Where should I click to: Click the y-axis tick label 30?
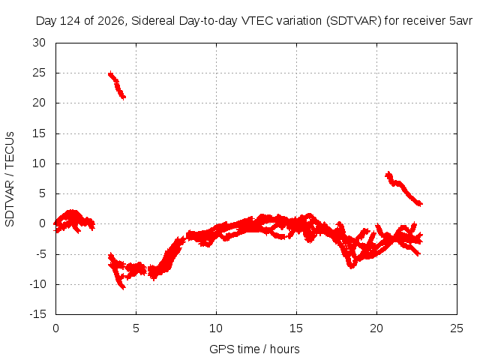click(x=39, y=43)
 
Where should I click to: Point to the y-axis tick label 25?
click(x=39, y=73)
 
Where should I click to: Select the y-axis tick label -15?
click(x=38, y=314)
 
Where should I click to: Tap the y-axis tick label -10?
click(x=38, y=284)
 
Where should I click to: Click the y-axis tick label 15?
click(x=39, y=133)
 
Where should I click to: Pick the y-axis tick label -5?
click(x=40, y=253)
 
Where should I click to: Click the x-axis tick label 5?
click(x=136, y=328)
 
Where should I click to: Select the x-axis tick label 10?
click(x=216, y=328)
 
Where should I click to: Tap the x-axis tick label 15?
click(x=296, y=328)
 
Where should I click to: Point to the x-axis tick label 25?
click(x=457, y=328)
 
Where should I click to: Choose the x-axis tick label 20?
click(x=376, y=328)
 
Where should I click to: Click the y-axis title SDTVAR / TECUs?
click(x=10, y=179)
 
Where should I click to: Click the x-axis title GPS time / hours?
click(x=254, y=349)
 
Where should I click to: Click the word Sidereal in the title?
click(x=153, y=21)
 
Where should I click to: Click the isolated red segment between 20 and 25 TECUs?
click(x=117, y=85)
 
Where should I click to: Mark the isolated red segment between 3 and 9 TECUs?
click(x=403, y=189)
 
